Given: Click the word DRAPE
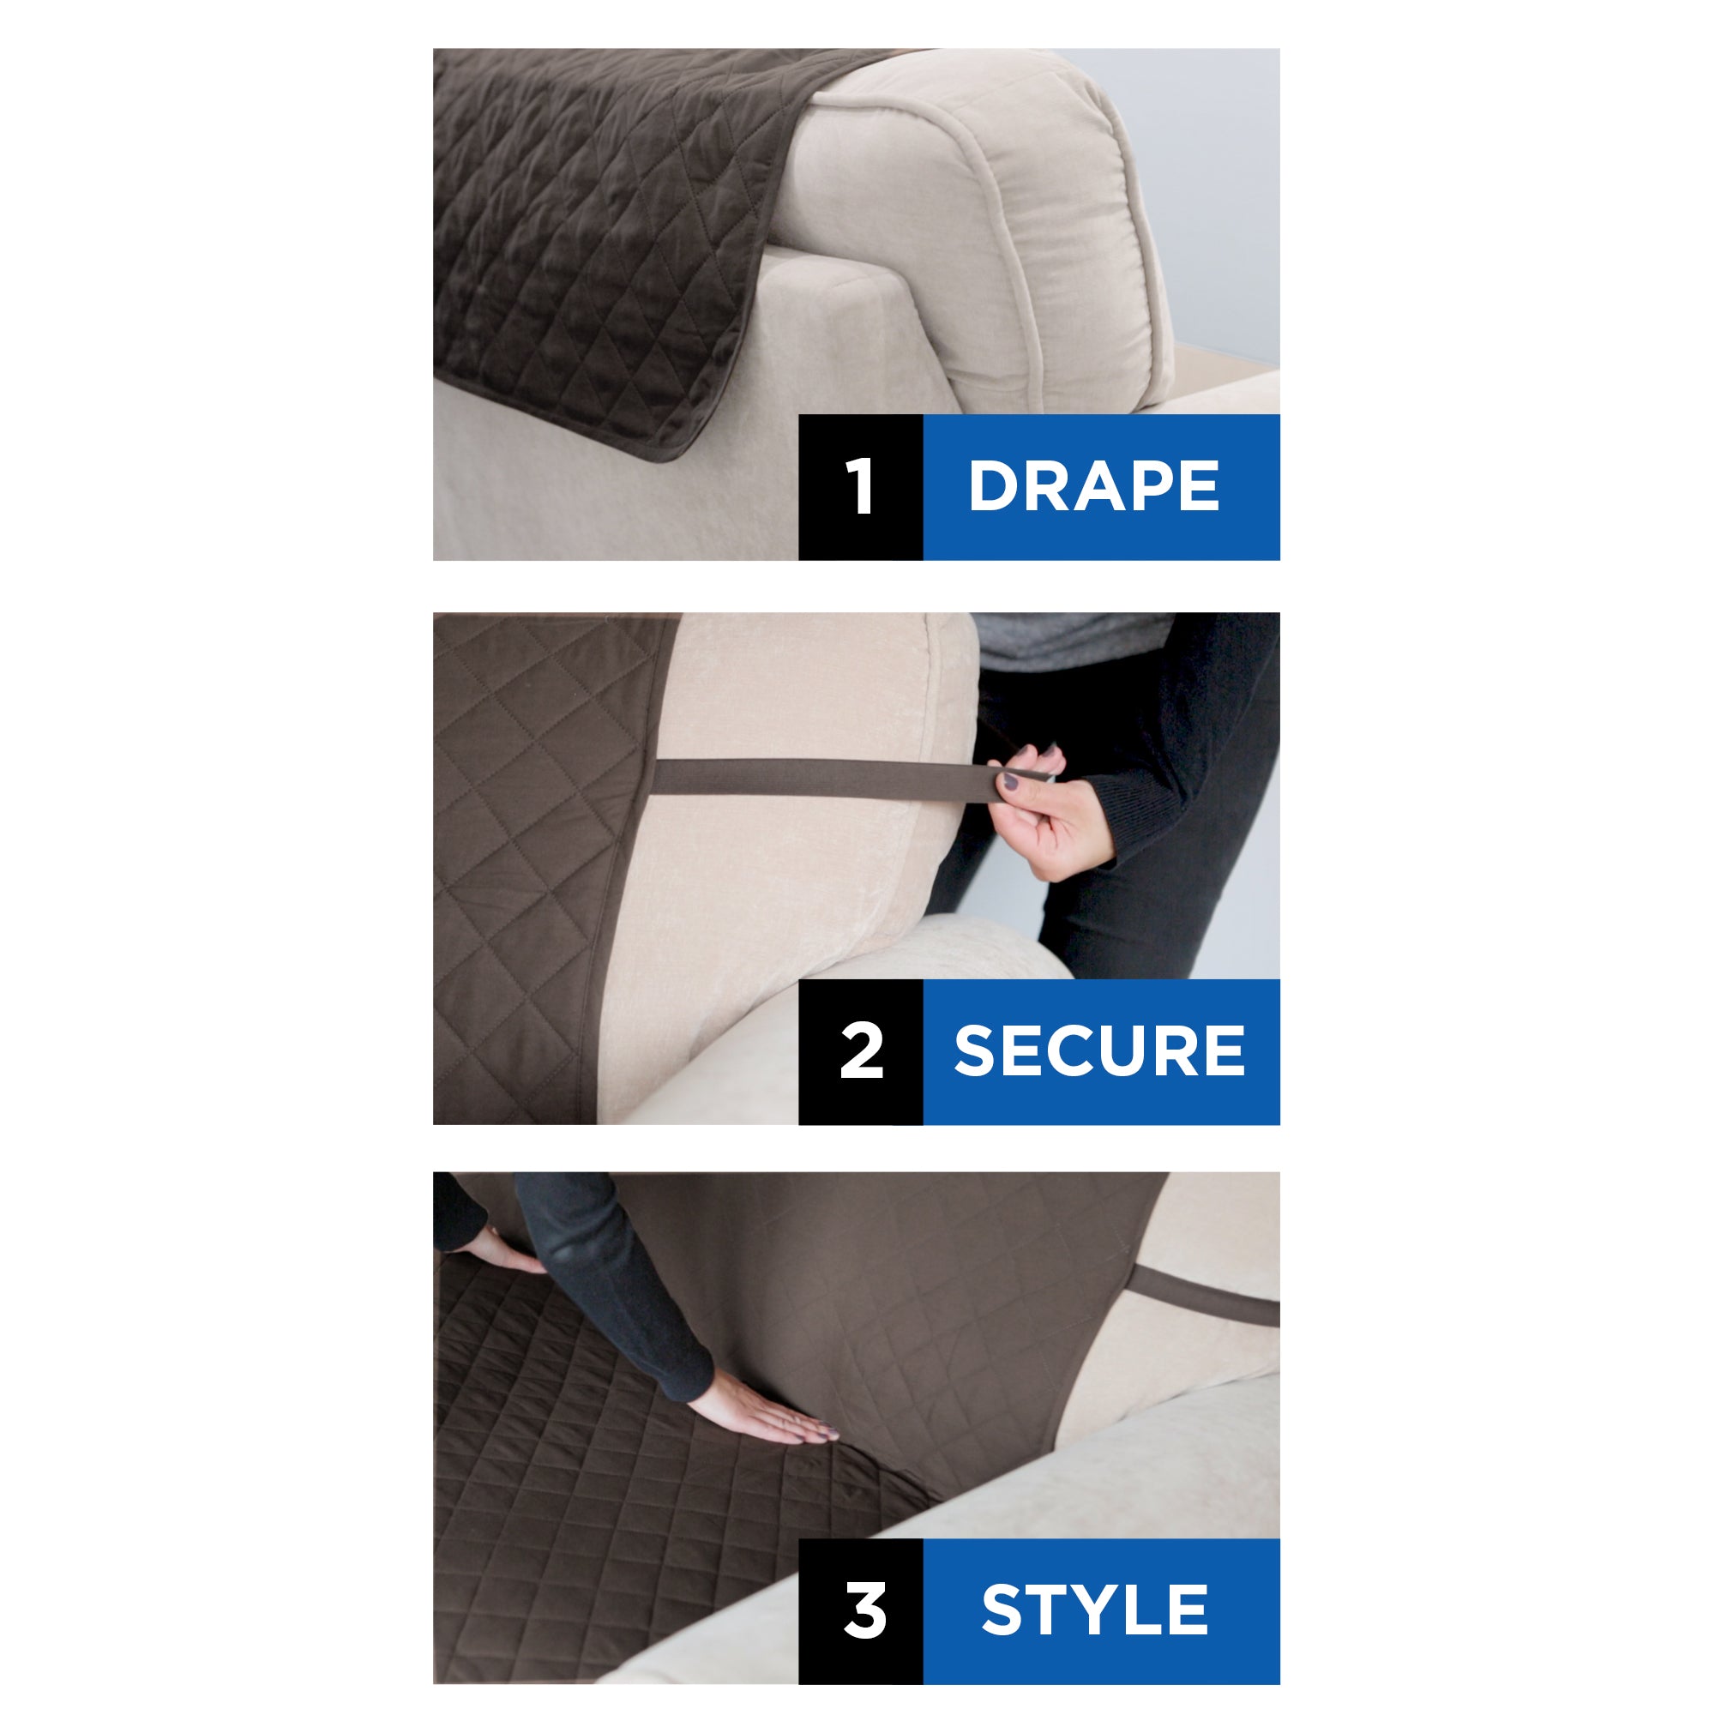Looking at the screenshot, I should click(1093, 486).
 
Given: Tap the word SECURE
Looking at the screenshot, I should click(1099, 1051).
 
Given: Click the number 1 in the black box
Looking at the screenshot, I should click(859, 486).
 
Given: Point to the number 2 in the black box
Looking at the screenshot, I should click(861, 1051).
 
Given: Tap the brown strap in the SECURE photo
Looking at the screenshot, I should click(816, 779).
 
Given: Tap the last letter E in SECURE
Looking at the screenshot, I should click(1225, 1051).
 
